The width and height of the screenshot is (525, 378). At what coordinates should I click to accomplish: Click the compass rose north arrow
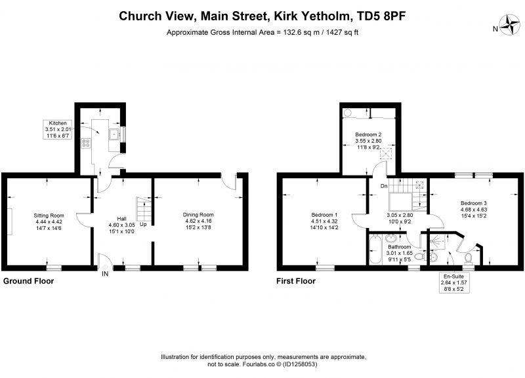click(x=510, y=26)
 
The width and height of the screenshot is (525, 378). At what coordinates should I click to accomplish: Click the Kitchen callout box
click(x=58, y=129)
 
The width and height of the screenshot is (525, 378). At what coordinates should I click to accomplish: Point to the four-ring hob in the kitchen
click(x=86, y=143)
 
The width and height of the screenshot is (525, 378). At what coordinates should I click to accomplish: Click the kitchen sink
click(x=115, y=134)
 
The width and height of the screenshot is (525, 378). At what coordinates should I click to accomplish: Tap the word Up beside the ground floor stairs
click(x=143, y=224)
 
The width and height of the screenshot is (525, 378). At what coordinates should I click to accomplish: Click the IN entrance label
click(x=105, y=274)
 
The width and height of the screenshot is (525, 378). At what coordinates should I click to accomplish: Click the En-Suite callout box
click(x=454, y=283)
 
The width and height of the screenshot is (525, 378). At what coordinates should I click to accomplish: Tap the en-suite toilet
click(x=469, y=259)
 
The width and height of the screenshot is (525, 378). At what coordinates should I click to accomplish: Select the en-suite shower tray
click(x=438, y=241)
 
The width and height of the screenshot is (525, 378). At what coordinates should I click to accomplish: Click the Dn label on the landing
click(x=384, y=186)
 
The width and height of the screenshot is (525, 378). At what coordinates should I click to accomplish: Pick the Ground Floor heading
click(x=28, y=281)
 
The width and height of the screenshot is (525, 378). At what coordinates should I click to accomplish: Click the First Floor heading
click(x=296, y=281)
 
